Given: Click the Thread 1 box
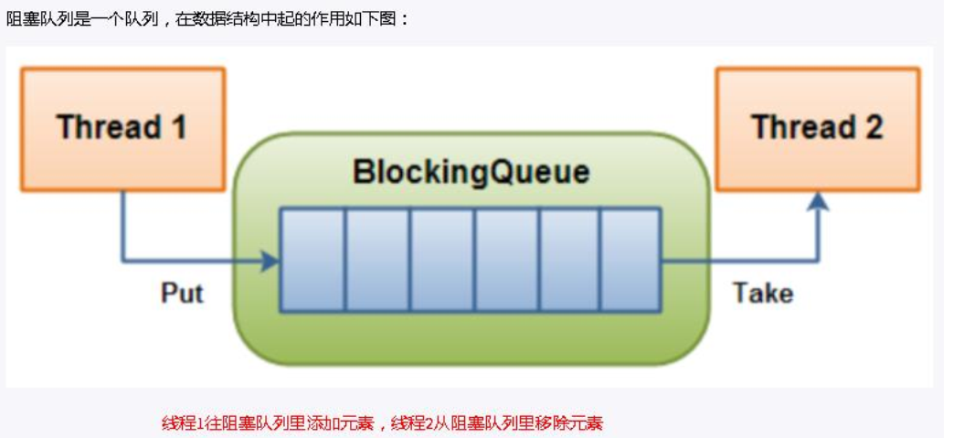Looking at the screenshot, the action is [x=122, y=128].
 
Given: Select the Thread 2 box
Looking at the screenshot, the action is [x=817, y=128].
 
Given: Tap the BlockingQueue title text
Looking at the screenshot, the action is [x=471, y=173].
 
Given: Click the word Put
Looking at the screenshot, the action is [x=182, y=294].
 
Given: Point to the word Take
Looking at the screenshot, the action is [x=762, y=294].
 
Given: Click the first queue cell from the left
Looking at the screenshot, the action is [x=312, y=260].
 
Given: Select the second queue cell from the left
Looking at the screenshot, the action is [x=376, y=260].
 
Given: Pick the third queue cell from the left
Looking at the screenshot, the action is [x=441, y=260].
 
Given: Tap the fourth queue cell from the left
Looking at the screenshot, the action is [x=506, y=260].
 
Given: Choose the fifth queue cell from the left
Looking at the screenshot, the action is [x=569, y=260].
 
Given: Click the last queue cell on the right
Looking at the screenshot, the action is [x=630, y=260].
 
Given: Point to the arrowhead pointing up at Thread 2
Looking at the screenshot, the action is [x=819, y=200].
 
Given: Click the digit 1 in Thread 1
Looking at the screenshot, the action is [x=177, y=127].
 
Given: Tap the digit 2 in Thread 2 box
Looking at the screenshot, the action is [x=873, y=127].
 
